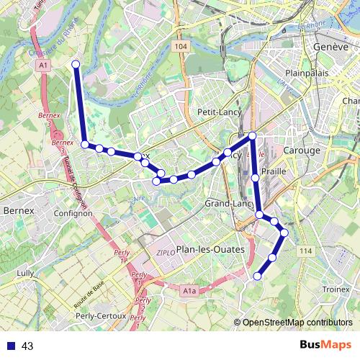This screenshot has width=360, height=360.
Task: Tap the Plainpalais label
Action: [307, 73]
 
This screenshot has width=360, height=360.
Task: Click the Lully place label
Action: [26, 274]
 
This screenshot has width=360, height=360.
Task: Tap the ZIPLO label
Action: [166, 253]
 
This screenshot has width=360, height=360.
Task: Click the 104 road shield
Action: [181, 46]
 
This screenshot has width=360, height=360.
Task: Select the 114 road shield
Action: [307, 250]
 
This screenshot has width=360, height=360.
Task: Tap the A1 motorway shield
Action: [45, 65]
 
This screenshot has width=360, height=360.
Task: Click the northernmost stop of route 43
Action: [76, 65]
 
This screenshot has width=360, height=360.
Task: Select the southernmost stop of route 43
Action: [257, 276]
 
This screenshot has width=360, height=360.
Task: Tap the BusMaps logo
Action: [325, 346]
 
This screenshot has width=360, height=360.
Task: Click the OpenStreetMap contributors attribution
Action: [297, 323]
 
